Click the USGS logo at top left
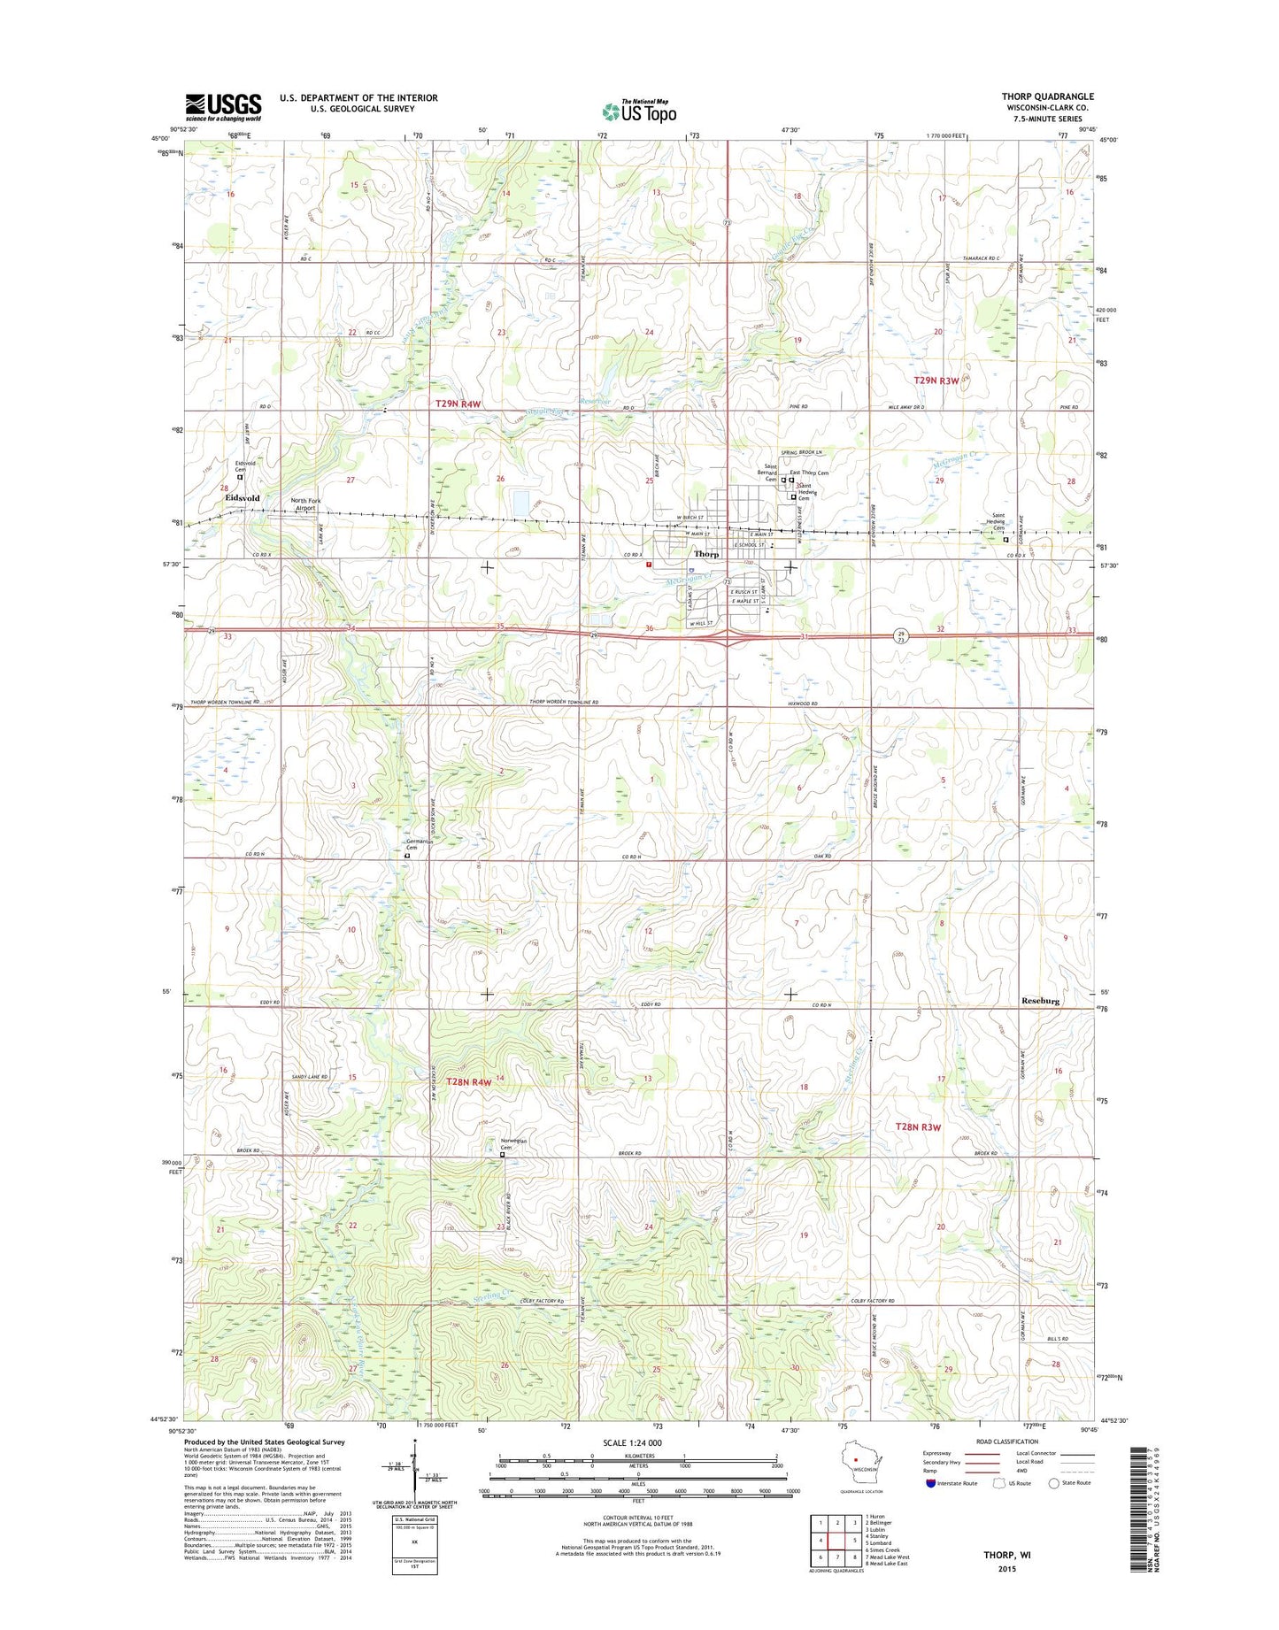(223, 108)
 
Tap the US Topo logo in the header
(639, 111)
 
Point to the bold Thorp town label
(706, 554)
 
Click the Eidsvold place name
(242, 498)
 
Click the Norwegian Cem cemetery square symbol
(502, 1154)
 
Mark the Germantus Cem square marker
(407, 856)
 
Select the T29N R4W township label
(458, 404)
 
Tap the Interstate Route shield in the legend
(930, 1508)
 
